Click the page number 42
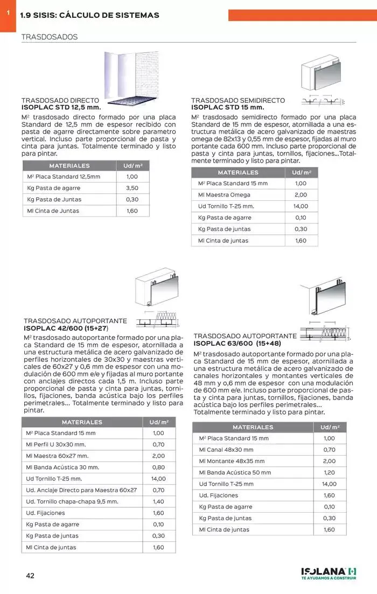(30, 576)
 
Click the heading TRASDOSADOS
(49, 37)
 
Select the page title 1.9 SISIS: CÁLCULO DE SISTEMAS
(89, 15)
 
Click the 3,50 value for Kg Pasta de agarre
(132, 188)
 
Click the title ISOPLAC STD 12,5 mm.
(61, 107)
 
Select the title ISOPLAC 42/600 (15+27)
(66, 328)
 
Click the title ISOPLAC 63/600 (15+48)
(237, 343)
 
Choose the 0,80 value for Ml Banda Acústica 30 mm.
(158, 467)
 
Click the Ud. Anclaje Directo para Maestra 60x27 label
(81, 490)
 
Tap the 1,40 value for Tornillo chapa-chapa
(158, 501)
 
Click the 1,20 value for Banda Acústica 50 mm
(329, 472)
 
